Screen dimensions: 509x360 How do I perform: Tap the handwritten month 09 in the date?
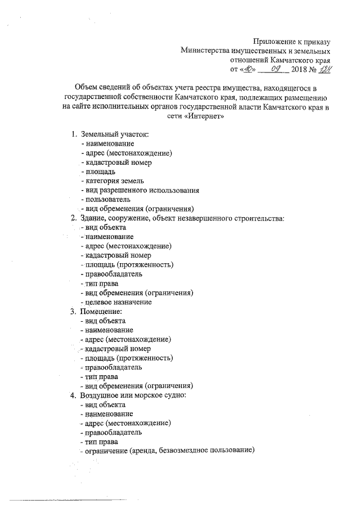[x=276, y=68]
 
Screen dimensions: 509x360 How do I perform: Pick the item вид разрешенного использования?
[x=139, y=190]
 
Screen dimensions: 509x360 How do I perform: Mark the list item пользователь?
[x=106, y=199]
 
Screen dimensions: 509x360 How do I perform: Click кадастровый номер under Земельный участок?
[x=116, y=162]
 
